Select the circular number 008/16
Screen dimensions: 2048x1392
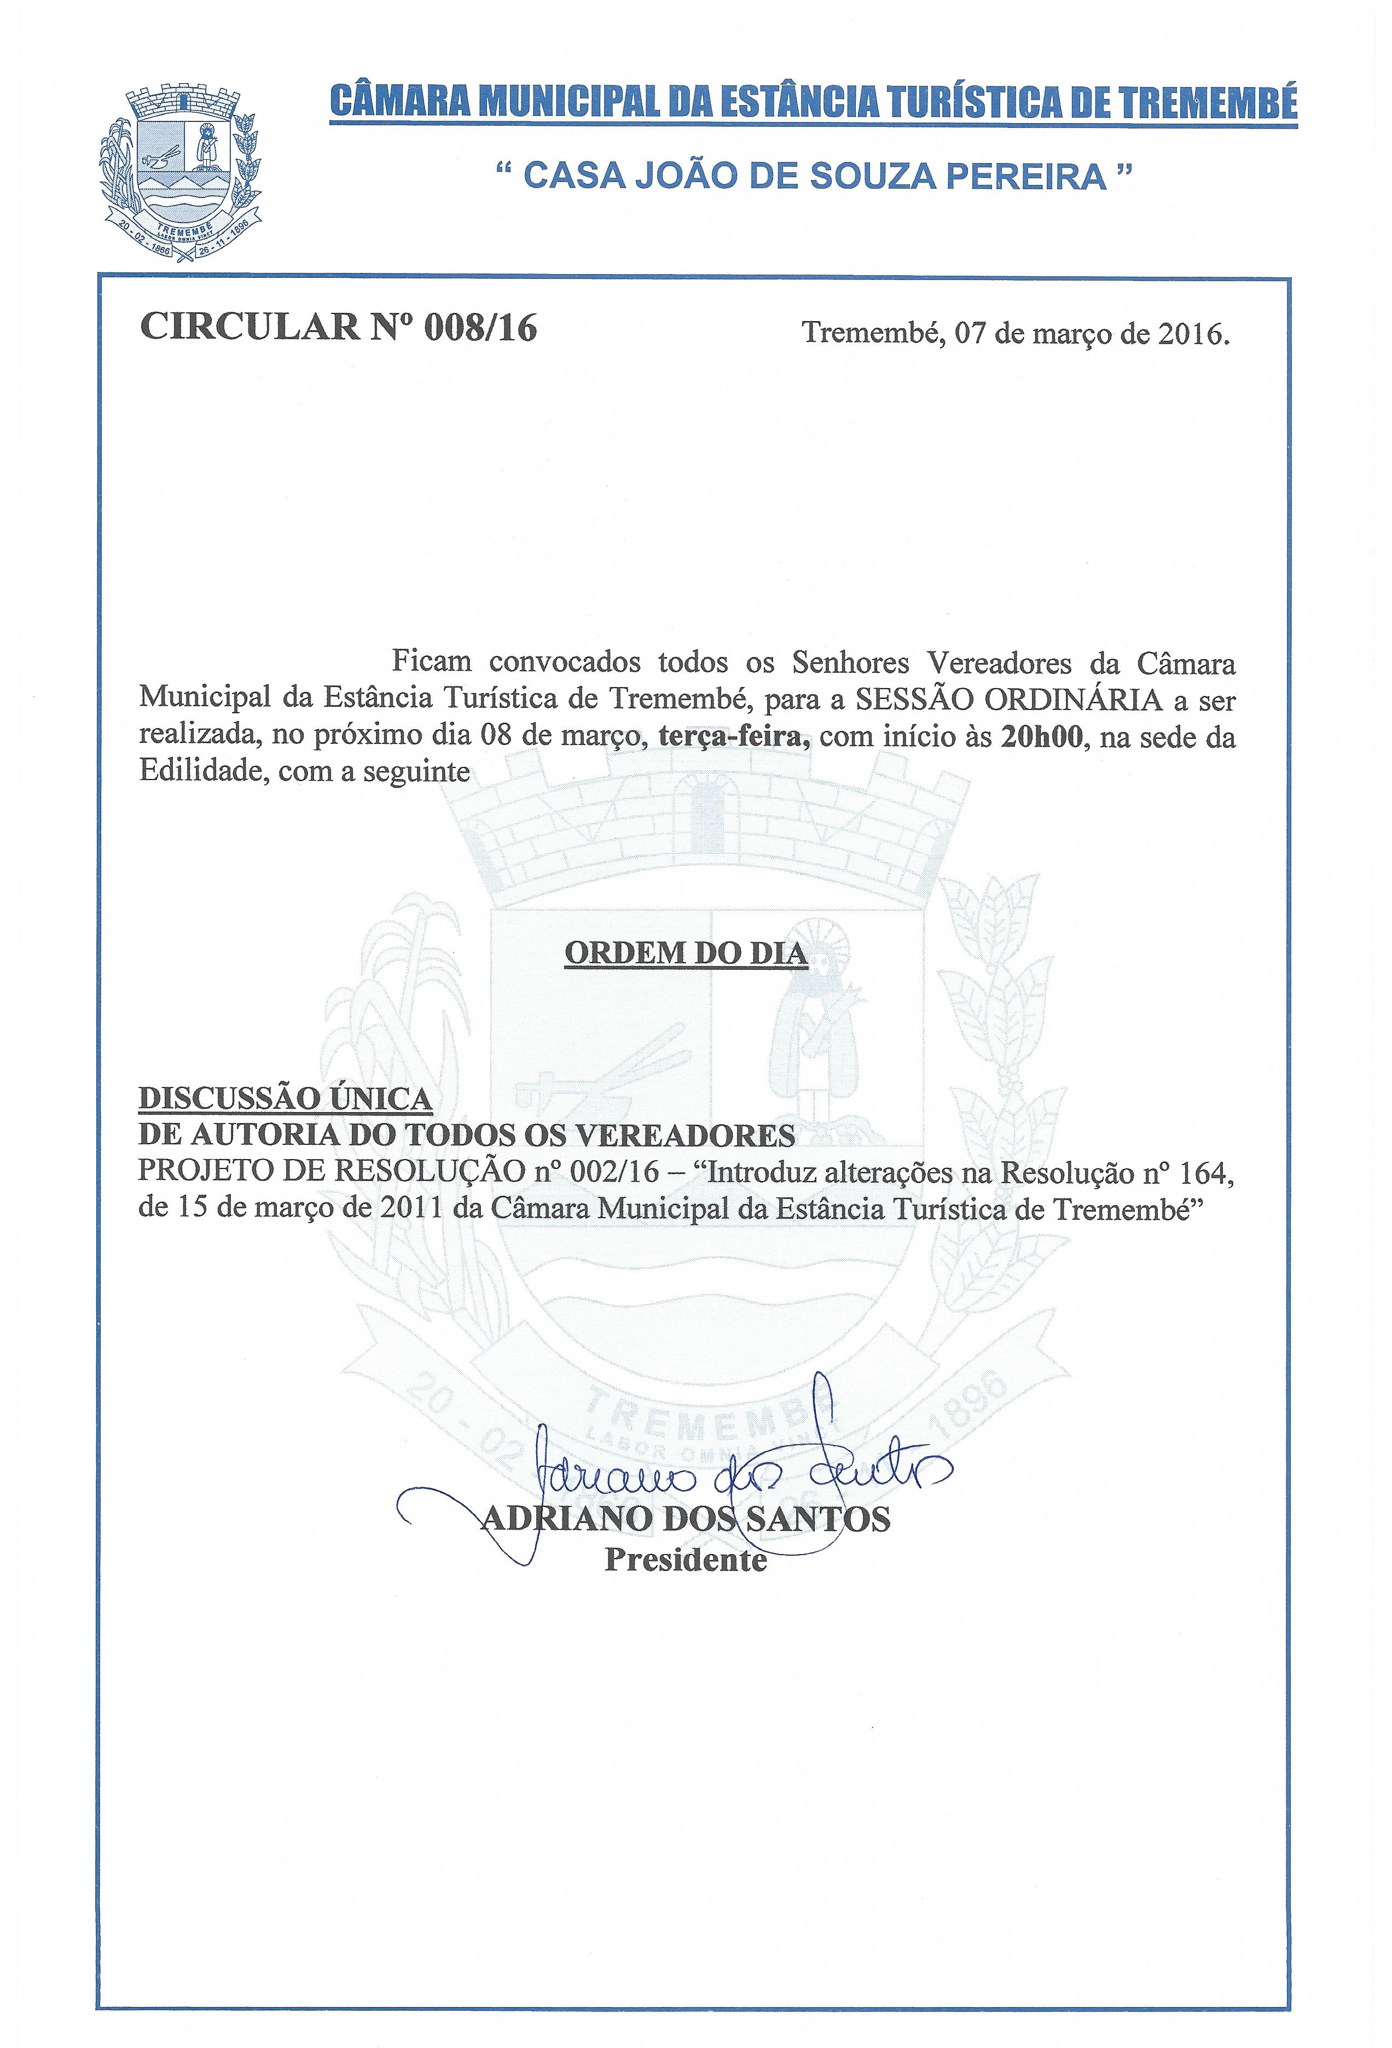(x=480, y=327)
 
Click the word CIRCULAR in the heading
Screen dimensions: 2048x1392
(x=251, y=327)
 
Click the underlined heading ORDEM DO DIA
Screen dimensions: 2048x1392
(x=685, y=953)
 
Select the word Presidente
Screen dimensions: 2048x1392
(x=685, y=1559)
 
